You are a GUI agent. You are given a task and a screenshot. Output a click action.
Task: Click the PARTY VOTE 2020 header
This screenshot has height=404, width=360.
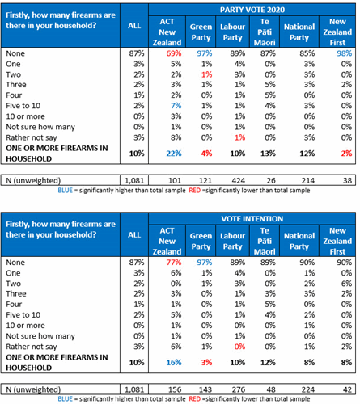pos(252,10)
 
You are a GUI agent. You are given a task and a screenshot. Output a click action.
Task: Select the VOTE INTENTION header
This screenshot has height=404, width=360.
pos(252,219)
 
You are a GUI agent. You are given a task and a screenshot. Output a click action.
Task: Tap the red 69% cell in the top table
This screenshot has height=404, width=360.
pos(174,53)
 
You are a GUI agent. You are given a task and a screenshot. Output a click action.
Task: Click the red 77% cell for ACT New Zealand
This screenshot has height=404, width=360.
pos(174,263)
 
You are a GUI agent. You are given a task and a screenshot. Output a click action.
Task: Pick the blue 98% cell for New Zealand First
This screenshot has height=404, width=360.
pos(344,53)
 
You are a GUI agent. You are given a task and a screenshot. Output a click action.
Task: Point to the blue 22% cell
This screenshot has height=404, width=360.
pos(174,154)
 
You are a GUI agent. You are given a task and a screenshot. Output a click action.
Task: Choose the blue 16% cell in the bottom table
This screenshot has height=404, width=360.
pos(174,363)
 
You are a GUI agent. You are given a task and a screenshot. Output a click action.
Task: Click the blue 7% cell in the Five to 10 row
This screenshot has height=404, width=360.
pos(176,106)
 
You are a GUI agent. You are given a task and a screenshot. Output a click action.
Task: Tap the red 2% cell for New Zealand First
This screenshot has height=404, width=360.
pos(346,154)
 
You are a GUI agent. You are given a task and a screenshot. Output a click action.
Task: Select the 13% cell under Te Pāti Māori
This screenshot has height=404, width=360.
pos(268,154)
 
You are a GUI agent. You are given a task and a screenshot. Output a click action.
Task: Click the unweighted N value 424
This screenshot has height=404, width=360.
pos(239,180)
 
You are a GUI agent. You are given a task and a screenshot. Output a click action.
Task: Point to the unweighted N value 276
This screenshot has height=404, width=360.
pos(239,389)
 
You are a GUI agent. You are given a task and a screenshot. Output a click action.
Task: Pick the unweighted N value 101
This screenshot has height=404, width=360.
pos(175,180)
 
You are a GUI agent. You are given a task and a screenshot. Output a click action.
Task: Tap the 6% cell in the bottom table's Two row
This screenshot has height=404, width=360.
pos(346,284)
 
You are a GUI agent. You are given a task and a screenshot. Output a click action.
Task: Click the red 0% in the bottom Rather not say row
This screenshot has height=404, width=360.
pos(239,347)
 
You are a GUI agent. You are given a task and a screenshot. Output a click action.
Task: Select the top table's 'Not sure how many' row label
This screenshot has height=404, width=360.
pos(40,127)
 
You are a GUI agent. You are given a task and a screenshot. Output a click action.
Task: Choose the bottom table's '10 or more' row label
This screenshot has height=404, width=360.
pos(25,326)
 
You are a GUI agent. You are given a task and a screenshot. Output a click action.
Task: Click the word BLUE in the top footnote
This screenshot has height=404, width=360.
pos(65,191)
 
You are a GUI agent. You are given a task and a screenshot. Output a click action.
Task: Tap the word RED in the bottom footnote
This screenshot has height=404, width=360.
pos(195,399)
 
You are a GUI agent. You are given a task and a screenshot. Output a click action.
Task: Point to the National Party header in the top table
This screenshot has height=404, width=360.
pos(299,32)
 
